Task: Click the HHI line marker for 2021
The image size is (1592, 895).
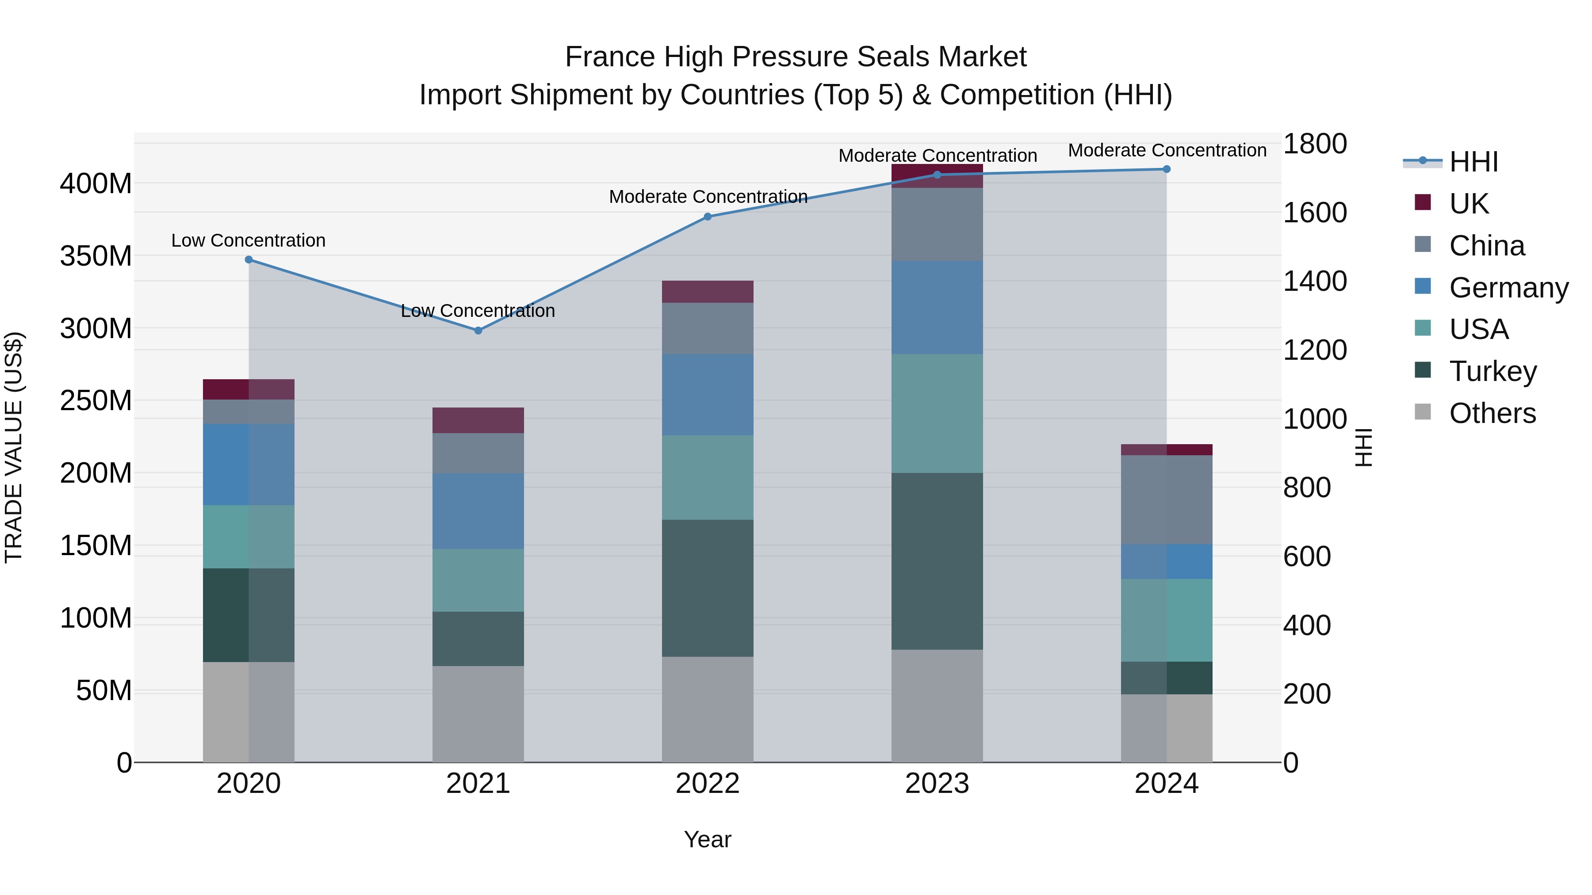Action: (478, 331)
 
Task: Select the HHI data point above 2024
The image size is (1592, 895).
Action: (1166, 169)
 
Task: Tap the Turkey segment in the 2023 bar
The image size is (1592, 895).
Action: (937, 561)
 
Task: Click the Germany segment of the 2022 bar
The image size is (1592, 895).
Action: (708, 395)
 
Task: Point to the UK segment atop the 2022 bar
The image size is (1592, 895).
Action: (708, 292)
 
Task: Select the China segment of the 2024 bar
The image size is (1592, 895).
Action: (1166, 500)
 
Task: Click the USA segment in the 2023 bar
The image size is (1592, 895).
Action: (937, 413)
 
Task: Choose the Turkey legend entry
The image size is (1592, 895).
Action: (1492, 371)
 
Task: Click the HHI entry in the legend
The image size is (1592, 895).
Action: (1473, 162)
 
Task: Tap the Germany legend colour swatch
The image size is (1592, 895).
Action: (1423, 286)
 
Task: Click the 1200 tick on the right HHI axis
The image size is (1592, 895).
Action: (1315, 350)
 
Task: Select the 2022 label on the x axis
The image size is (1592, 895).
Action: (708, 784)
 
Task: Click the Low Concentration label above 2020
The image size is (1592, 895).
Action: (249, 240)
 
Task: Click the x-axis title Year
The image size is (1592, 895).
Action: (708, 839)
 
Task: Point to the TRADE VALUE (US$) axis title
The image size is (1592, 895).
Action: (14, 447)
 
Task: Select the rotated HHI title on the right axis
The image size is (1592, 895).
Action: (1363, 447)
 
